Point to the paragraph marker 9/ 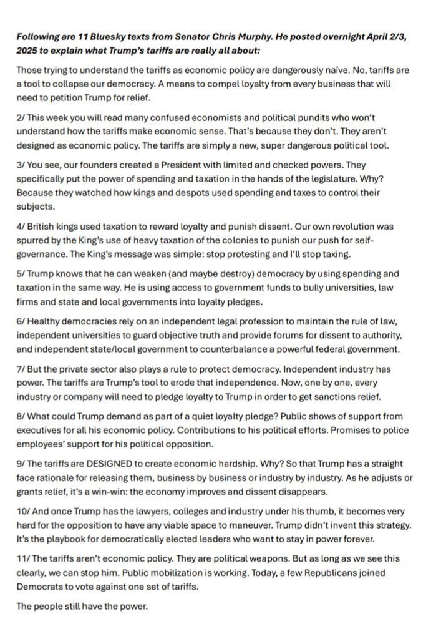tap(22, 464)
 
